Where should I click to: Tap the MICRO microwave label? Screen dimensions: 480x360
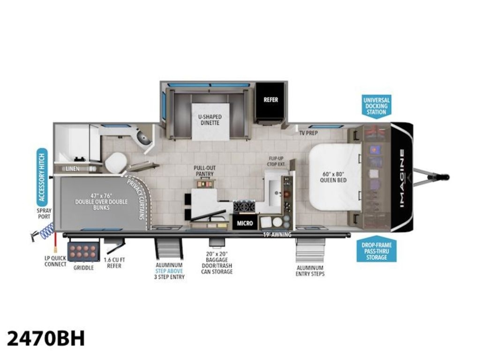click(244, 223)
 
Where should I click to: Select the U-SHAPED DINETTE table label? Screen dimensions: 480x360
click(210, 120)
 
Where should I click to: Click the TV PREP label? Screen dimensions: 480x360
click(308, 133)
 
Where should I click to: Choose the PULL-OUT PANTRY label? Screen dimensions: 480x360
click(204, 171)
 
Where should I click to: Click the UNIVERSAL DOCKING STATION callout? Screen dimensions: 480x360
click(376, 106)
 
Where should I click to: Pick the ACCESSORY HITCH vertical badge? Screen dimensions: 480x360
click(42, 177)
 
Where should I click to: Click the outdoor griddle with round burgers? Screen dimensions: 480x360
click(83, 252)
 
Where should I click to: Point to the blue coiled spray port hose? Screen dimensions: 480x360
click(46, 231)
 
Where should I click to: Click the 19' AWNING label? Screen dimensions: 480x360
click(277, 235)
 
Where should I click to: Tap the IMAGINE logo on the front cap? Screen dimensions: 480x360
click(402, 178)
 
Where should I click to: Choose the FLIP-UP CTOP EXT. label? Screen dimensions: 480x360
click(276, 161)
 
